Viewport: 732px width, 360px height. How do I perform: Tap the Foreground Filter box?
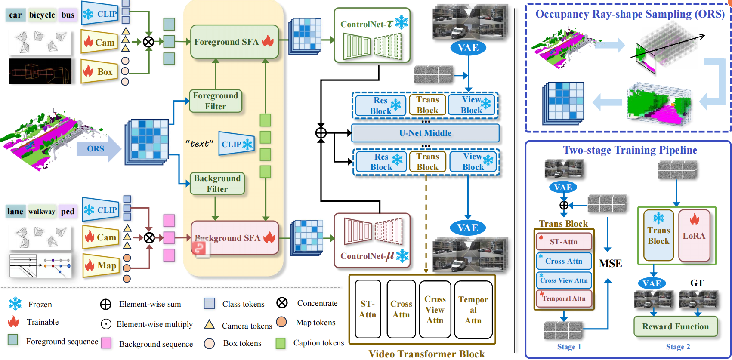(x=216, y=101)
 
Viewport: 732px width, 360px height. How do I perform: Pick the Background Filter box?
(x=217, y=184)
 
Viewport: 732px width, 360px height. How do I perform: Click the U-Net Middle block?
(x=425, y=133)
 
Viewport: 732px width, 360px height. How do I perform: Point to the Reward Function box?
(x=675, y=326)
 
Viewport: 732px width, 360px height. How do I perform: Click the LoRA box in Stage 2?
(x=694, y=236)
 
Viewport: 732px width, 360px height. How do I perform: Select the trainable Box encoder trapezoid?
(x=99, y=71)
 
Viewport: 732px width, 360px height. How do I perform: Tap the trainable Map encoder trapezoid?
(x=101, y=265)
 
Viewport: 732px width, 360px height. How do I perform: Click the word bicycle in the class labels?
(x=42, y=15)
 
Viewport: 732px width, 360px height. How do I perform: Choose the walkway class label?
(x=42, y=212)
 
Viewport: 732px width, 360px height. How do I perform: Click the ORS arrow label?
(x=96, y=149)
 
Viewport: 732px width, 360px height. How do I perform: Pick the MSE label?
(x=610, y=263)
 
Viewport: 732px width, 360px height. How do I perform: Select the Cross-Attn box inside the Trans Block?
(x=564, y=261)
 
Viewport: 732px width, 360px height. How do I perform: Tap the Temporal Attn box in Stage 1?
(x=564, y=298)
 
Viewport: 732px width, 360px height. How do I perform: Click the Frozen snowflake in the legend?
(x=15, y=304)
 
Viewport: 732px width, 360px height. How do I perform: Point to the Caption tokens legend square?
(x=281, y=343)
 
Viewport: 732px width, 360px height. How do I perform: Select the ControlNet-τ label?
(x=366, y=24)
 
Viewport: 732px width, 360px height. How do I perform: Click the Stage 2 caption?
(x=678, y=347)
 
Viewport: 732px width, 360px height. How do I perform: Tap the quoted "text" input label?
(x=199, y=144)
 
